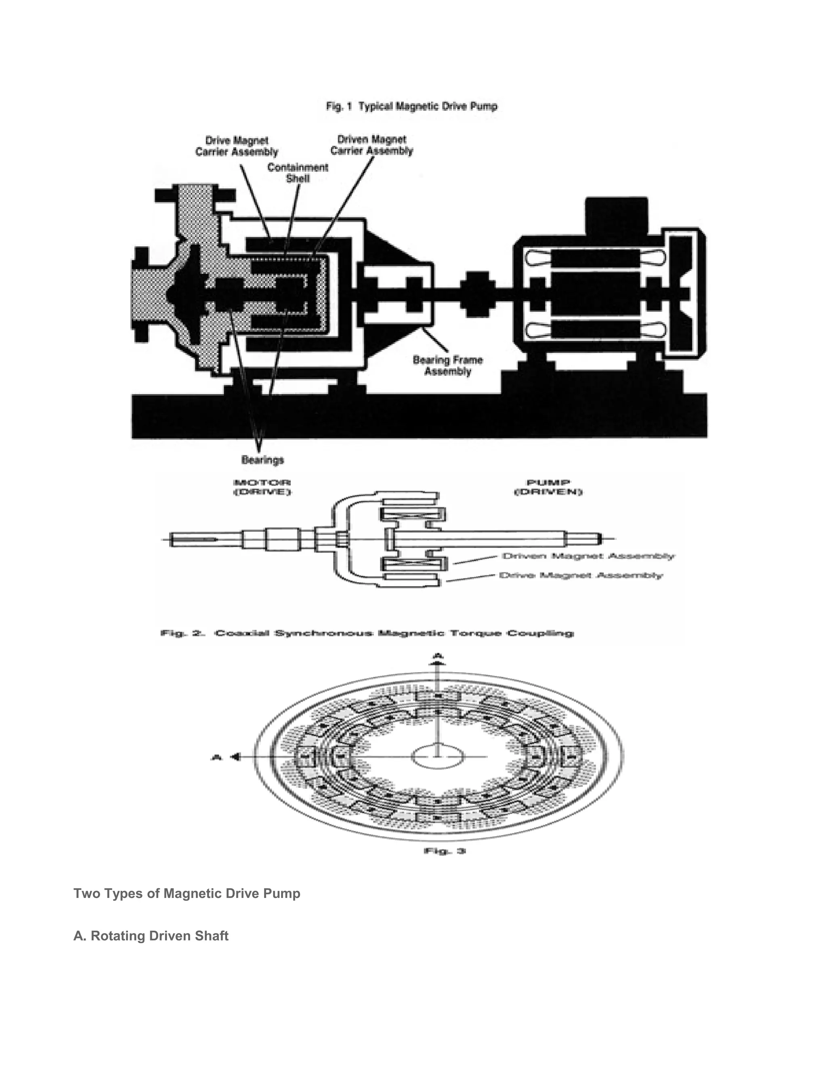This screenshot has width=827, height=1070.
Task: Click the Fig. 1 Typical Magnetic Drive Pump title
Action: tap(411, 106)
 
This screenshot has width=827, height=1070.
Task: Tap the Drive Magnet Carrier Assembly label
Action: tap(237, 146)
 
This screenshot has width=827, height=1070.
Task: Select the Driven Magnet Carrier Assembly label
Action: tap(372, 145)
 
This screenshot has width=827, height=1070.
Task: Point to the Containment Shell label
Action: tap(297, 172)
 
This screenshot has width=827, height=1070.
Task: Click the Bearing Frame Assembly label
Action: tap(447, 365)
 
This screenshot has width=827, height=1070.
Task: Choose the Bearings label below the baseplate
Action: tap(262, 459)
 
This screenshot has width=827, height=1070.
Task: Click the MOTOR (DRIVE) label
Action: tap(262, 487)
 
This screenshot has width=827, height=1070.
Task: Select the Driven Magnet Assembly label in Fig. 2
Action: tap(588, 556)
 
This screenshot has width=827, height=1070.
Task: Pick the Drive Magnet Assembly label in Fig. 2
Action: tap(581, 575)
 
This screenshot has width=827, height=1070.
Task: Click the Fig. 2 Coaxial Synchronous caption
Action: tap(367, 633)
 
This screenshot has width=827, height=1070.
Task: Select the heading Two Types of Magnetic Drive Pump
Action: tap(187, 893)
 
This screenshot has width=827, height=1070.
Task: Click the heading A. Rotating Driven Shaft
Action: tap(151, 936)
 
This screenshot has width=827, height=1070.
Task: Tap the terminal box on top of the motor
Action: tap(616, 216)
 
